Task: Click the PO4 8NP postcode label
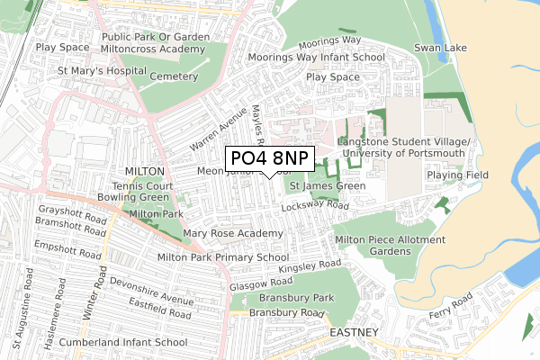tap(267, 158)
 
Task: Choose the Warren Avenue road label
tap(218, 130)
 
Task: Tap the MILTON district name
tap(145, 171)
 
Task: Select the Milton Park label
tap(157, 214)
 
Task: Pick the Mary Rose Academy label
tap(233, 234)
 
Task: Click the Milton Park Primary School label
tap(222, 257)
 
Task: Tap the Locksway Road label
tap(314, 206)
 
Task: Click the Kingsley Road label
tap(310, 267)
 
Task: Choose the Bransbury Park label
tap(296, 298)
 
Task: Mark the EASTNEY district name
tap(354, 332)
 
